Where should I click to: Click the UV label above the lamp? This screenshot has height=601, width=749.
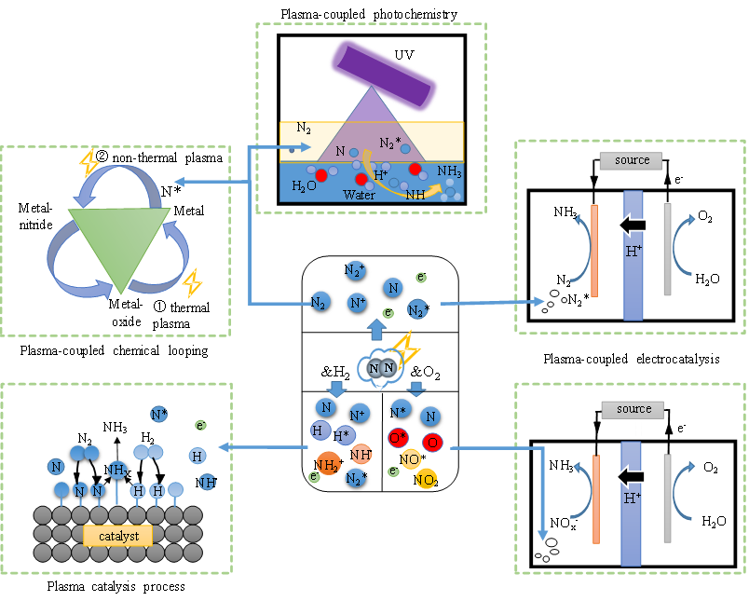pyautogui.click(x=403, y=55)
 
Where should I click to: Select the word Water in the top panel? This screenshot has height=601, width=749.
pyautogui.click(x=359, y=195)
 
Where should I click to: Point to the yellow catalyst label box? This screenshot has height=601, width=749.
pyautogui.click(x=118, y=536)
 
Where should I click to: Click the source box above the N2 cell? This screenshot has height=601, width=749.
pyautogui.click(x=633, y=160)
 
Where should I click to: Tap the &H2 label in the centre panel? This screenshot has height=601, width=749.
pyautogui.click(x=334, y=374)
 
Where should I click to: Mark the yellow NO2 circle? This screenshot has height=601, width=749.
pyautogui.click(x=426, y=480)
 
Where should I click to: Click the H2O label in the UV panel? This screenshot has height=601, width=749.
pyautogui.click(x=304, y=185)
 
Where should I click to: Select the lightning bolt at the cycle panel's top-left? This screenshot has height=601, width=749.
pyautogui.click(x=89, y=164)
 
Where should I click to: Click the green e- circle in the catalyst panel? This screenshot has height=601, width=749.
pyautogui.click(x=200, y=426)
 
